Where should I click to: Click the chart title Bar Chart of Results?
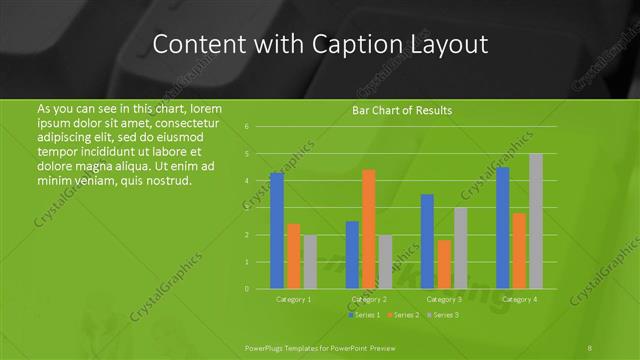click(x=403, y=110)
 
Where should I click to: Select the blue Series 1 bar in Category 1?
click(x=277, y=230)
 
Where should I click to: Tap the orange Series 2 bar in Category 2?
click(x=368, y=229)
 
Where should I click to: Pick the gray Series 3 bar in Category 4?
click(x=536, y=221)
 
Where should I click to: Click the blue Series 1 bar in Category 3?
click(x=427, y=241)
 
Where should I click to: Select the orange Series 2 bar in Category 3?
click(x=444, y=264)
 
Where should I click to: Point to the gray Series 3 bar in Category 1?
click(x=310, y=262)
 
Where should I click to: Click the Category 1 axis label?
click(x=293, y=299)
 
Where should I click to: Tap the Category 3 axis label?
click(x=444, y=299)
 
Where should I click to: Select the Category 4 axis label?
click(x=519, y=299)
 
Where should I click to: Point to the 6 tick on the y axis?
click(x=246, y=127)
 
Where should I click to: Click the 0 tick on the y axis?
click(x=246, y=289)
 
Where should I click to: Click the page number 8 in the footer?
click(x=590, y=347)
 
